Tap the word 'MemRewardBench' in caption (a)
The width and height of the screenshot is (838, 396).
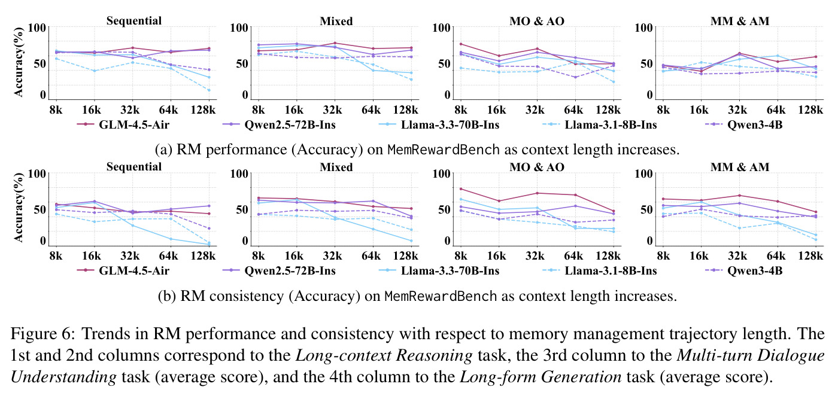pyautogui.click(x=444, y=150)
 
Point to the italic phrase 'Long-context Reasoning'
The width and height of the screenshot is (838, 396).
pyautogui.click(x=384, y=355)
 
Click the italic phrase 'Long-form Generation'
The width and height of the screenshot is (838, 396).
pyautogui.click(x=540, y=377)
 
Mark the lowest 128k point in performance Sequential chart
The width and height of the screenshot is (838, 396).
pyautogui.click(x=209, y=90)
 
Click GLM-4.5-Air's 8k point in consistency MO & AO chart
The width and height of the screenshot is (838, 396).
pyautogui.click(x=461, y=189)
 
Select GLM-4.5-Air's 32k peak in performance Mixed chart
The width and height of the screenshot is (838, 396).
pyautogui.click(x=335, y=43)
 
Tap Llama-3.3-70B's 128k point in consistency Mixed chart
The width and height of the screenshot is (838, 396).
pyautogui.click(x=411, y=241)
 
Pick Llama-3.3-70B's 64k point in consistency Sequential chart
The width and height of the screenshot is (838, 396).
pyautogui.click(x=171, y=239)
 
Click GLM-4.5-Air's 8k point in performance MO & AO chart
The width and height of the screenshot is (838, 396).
pyautogui.click(x=461, y=44)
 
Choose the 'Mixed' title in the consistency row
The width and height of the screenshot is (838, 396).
pyautogui.click(x=336, y=167)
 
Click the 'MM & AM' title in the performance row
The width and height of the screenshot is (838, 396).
pyautogui.click(x=740, y=21)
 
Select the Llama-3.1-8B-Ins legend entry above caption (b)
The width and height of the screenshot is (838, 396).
pyautogui.click(x=600, y=270)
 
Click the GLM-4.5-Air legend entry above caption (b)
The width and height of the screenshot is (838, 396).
pyautogui.click(x=123, y=270)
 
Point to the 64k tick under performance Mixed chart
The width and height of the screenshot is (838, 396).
pyautogui.click(x=371, y=110)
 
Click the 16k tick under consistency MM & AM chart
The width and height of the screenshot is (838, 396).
pyautogui.click(x=699, y=256)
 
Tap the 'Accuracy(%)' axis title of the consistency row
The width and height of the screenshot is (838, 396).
pyautogui.click(x=19, y=207)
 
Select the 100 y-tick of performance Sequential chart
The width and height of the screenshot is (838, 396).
pyautogui.click(x=37, y=28)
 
